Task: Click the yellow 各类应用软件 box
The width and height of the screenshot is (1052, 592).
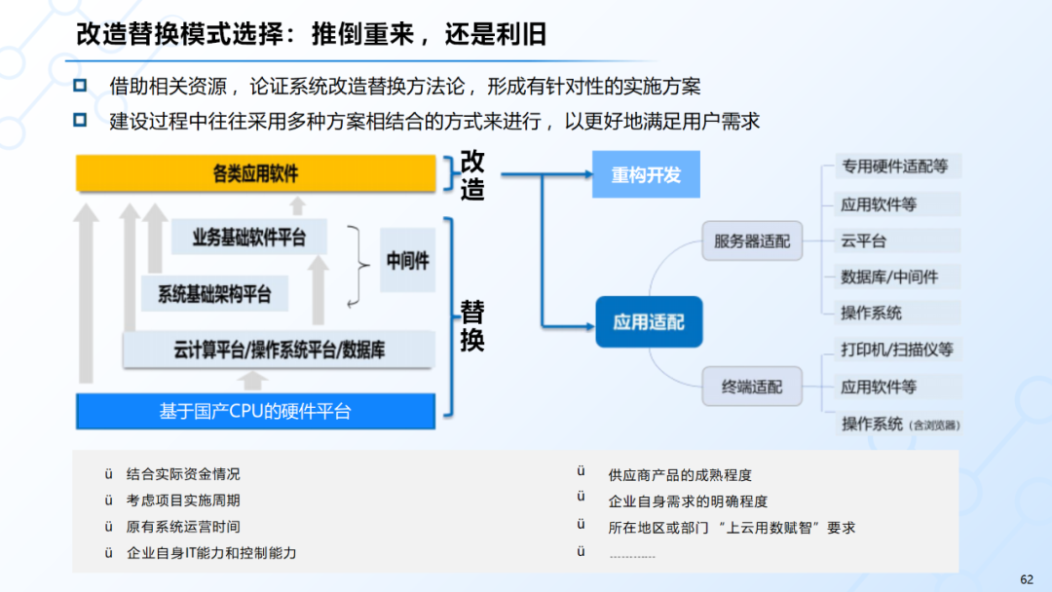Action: (x=255, y=174)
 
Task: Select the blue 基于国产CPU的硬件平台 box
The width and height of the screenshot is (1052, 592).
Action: (x=255, y=411)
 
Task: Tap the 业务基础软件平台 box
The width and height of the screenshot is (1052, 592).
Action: (x=248, y=238)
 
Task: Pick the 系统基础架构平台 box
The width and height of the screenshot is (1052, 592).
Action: (x=214, y=294)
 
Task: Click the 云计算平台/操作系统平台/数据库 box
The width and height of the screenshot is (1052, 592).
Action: (x=278, y=350)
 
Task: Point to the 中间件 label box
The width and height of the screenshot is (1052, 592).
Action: (x=407, y=261)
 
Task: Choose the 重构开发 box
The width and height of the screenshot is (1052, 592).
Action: (x=646, y=175)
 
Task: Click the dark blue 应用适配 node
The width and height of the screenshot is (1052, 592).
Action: (x=649, y=321)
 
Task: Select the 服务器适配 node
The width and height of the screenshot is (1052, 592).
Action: (x=752, y=240)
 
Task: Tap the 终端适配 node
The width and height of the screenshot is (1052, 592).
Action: (x=752, y=387)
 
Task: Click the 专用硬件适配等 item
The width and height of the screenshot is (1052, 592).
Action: (x=894, y=166)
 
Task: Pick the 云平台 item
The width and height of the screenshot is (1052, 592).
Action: (x=864, y=240)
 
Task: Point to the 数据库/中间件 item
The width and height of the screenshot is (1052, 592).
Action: (x=889, y=277)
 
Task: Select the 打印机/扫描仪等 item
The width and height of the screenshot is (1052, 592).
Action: (x=897, y=350)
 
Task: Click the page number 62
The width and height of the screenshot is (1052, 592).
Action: (x=1027, y=578)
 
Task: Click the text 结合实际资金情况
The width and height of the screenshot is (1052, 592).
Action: (x=183, y=474)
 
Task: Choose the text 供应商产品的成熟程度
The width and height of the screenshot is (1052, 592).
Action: (x=680, y=475)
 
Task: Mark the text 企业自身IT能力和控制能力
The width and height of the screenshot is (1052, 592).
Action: (x=211, y=553)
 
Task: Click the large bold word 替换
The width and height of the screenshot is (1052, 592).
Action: (x=472, y=327)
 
